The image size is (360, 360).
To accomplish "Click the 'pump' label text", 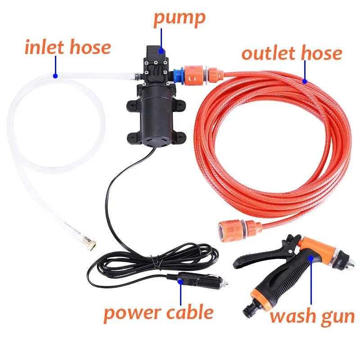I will coord(179,18).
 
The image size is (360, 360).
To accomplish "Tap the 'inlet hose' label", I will coord(67,47).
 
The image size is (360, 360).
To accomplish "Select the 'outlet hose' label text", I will coord(292,53).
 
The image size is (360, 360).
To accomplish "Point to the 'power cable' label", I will coord(158,312).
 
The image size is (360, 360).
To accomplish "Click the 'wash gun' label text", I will coord(312,316).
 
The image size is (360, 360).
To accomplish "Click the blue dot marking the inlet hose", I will coord(55,75).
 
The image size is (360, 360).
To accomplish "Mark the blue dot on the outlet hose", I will coord(304,81).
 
